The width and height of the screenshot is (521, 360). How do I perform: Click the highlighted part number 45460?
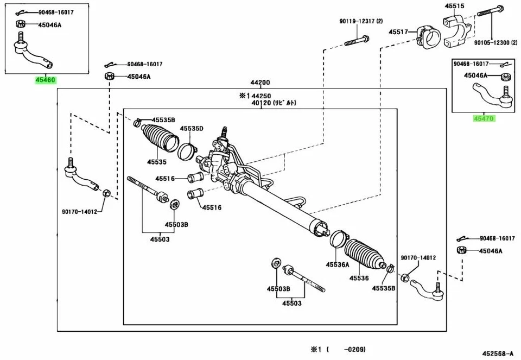[x=45, y=80]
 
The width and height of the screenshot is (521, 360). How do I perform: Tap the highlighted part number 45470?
[x=484, y=118]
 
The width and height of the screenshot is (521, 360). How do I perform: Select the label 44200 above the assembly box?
[x=260, y=83]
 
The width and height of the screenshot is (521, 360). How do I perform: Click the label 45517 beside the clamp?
[x=398, y=33]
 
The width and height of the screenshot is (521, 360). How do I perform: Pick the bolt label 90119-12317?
[x=361, y=21]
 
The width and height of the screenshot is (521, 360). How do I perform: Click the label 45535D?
[x=192, y=128]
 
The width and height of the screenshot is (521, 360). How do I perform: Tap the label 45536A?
[x=337, y=264]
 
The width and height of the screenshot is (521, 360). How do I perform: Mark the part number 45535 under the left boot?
[x=156, y=161]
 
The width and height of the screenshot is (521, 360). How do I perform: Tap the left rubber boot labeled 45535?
[x=158, y=140]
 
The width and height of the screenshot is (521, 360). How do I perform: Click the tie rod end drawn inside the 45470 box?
[x=491, y=98]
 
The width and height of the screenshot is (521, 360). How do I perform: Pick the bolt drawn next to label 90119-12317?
[x=357, y=40]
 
